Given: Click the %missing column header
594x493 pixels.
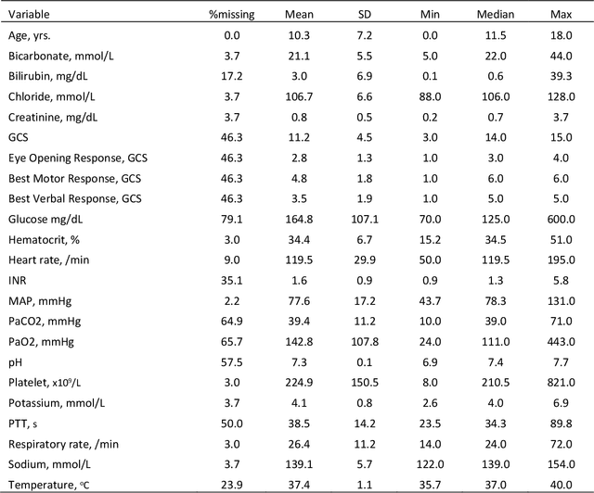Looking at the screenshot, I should (231, 15).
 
